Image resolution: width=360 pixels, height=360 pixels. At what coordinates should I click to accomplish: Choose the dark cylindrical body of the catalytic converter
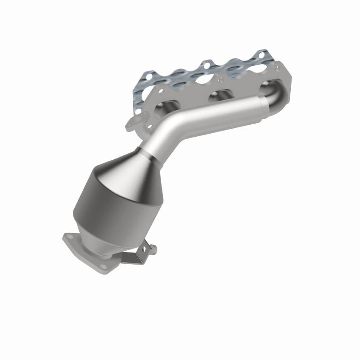click(x=101, y=202)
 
